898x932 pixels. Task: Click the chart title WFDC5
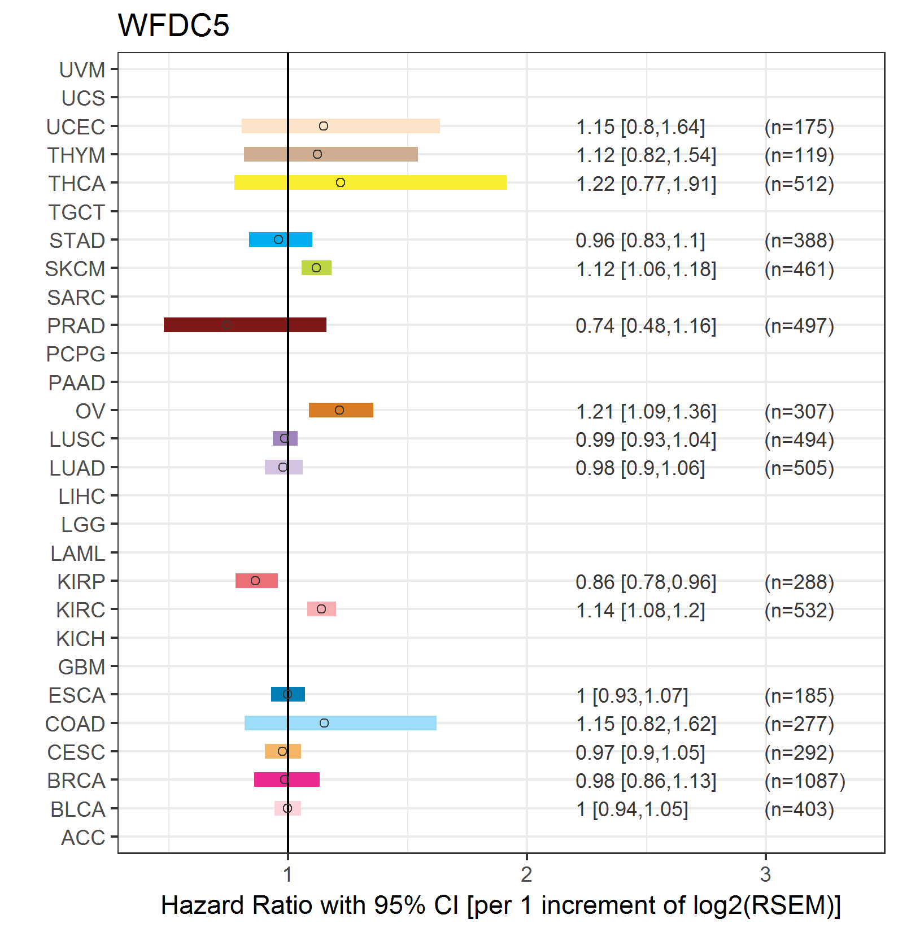(173, 25)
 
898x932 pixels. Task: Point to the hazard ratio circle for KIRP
(255, 581)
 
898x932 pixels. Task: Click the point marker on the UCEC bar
(324, 126)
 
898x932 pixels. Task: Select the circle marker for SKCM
(316, 268)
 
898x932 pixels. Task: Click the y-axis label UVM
(82, 70)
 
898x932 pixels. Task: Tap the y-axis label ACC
(83, 838)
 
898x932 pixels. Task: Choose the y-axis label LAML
(77, 554)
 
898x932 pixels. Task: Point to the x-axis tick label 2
(526, 874)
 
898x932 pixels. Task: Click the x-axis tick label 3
(765, 874)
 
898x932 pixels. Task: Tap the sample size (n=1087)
(804, 781)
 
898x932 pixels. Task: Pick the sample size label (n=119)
(799, 155)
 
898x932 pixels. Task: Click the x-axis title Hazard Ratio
(500, 905)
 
